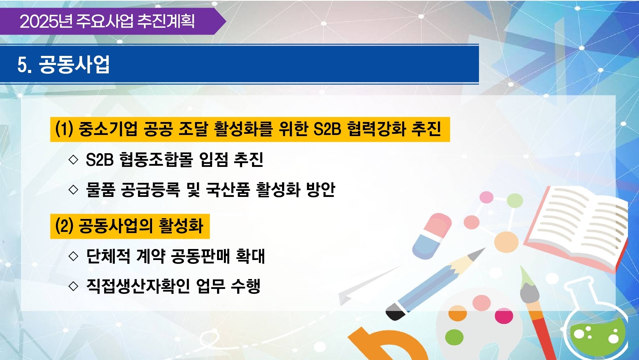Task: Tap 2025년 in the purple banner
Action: [46, 21]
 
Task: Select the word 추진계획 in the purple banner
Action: [166, 21]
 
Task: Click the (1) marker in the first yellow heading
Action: [64, 129]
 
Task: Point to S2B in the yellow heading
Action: [327, 129]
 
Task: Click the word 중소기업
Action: [108, 129]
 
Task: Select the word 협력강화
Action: [377, 129]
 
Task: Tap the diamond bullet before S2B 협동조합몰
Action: [73, 159]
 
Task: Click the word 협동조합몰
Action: [156, 159]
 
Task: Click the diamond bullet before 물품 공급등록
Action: [73, 190]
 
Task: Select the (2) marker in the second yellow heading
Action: [64, 226]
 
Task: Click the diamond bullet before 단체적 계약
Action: [73, 256]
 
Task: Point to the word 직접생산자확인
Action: [138, 286]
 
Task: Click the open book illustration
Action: [576, 225]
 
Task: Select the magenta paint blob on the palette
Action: [504, 316]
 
